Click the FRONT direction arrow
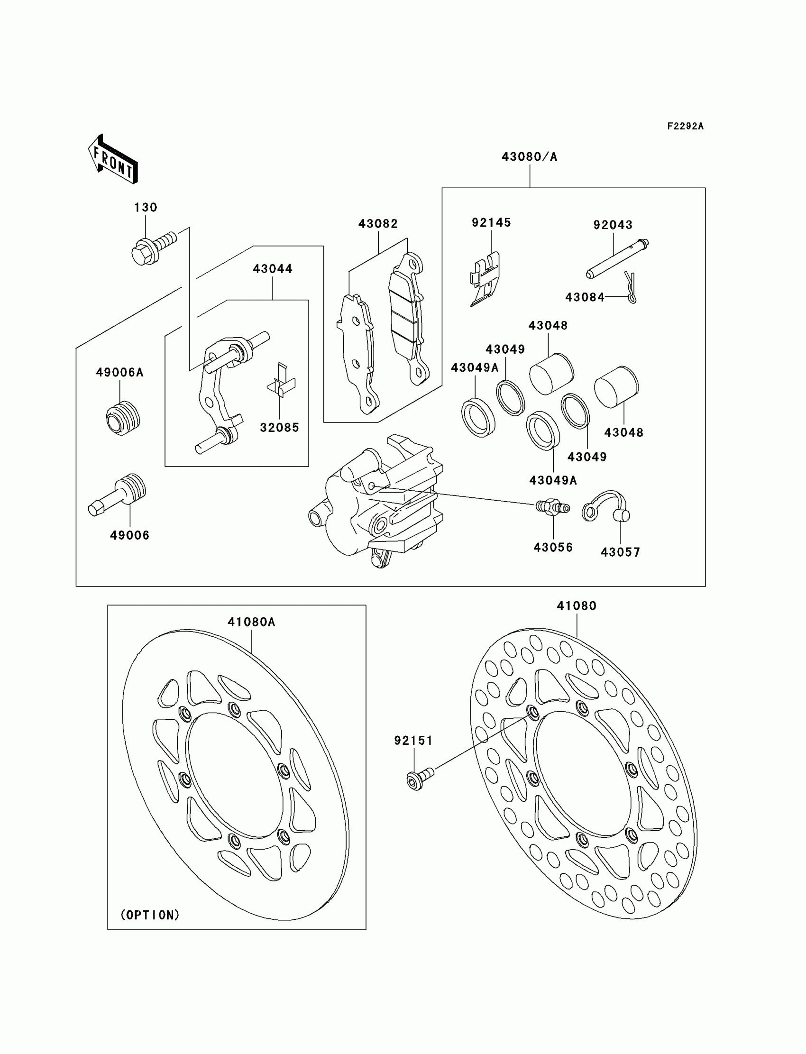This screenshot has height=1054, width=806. [113, 159]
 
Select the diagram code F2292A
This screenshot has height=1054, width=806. [685, 126]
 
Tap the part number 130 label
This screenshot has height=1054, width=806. [146, 207]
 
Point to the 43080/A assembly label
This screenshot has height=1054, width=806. [529, 157]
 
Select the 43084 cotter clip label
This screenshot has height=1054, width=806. [584, 297]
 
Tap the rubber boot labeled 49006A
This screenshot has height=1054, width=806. [123, 417]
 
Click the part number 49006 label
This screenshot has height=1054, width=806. [129, 535]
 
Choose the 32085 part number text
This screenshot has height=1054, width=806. [279, 428]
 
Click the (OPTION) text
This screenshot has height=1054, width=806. [150, 915]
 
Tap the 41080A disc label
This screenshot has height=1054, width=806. [251, 622]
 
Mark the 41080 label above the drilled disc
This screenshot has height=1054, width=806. [576, 606]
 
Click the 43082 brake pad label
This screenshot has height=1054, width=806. [378, 224]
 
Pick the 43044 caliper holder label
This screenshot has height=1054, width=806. [273, 269]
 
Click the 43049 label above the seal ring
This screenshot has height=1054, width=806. [505, 349]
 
